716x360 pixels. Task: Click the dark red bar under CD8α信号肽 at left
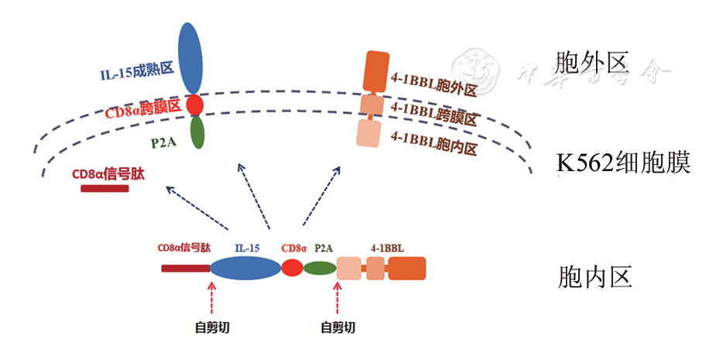click(104, 188)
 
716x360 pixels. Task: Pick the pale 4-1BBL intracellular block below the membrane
click(370, 132)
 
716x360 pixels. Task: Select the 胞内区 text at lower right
click(594, 276)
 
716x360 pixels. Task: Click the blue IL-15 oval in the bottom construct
click(245, 268)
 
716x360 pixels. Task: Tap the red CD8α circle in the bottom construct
click(293, 268)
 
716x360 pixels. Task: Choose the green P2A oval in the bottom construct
click(319, 269)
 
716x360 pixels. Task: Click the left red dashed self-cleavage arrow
click(211, 297)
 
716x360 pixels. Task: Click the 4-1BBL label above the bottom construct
click(387, 249)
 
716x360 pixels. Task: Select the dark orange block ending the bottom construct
click(406, 268)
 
